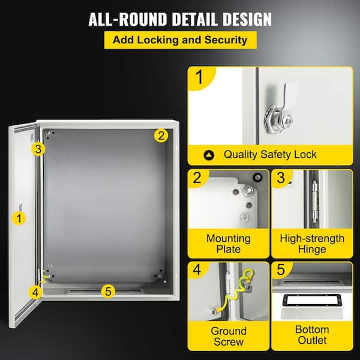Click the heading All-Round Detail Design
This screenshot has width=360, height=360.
(x=180, y=19)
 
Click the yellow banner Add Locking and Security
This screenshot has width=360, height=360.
(x=180, y=40)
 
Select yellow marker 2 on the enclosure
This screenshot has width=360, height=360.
(x=160, y=135)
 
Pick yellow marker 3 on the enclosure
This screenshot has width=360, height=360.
(x=38, y=148)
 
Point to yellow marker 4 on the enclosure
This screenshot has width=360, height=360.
(x=36, y=292)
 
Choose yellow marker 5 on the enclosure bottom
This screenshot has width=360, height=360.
(x=108, y=292)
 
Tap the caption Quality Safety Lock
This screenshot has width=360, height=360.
(x=270, y=154)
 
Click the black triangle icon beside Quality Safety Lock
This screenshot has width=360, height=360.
(x=208, y=155)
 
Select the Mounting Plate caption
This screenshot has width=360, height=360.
(x=228, y=244)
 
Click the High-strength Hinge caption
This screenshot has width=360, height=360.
(x=312, y=244)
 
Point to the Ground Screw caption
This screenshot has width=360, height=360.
(x=228, y=337)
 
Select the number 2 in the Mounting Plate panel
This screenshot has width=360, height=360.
(x=198, y=178)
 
